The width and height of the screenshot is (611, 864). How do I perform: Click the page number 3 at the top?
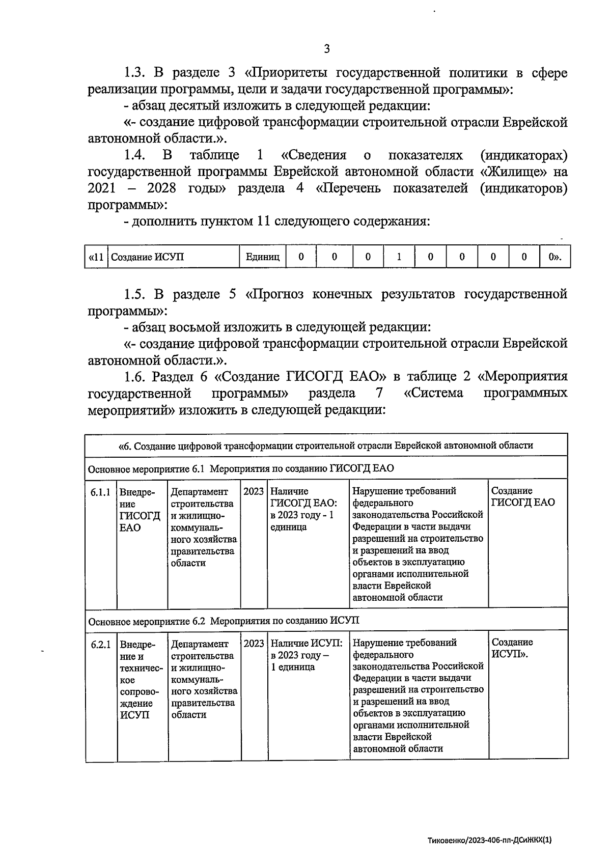326,49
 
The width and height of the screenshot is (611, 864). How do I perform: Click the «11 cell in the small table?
96,257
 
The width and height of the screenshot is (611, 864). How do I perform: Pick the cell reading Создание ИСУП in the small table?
148,257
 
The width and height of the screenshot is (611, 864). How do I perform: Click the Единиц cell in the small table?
263,257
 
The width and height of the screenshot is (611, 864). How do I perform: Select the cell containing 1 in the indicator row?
399,257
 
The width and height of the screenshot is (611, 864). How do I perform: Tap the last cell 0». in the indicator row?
555,257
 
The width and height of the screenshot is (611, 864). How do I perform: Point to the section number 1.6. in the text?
135,377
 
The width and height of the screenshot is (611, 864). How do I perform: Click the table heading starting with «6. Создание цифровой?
326,445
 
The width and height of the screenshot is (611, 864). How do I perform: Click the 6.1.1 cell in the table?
101,492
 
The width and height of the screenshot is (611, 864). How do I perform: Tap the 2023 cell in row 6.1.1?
254,491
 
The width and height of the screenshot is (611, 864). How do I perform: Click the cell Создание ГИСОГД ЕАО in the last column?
523,497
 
